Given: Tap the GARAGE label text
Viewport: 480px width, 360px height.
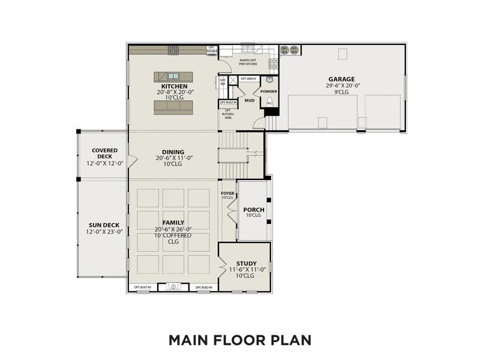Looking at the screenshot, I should [x=341, y=79].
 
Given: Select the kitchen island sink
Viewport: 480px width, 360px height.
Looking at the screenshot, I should [x=173, y=76].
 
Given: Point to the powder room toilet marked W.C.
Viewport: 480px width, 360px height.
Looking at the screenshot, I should [x=269, y=102].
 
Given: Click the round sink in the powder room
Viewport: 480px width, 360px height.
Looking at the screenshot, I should [x=269, y=79].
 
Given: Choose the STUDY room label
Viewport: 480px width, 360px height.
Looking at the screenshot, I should [x=246, y=263].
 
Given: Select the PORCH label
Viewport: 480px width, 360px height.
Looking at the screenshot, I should [x=254, y=209].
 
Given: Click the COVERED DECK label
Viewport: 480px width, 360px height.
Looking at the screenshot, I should [x=104, y=153].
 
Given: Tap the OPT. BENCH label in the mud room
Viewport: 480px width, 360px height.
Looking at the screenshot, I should [x=248, y=79].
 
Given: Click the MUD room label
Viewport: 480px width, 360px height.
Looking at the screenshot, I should [x=248, y=101].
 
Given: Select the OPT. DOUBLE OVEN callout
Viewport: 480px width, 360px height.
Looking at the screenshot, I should [x=212, y=51].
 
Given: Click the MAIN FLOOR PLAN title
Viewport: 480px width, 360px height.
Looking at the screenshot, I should [x=239, y=340].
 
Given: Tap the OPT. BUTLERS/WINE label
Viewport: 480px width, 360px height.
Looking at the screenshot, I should [x=228, y=114].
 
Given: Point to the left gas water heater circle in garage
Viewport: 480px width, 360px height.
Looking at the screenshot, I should [x=285, y=50].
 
